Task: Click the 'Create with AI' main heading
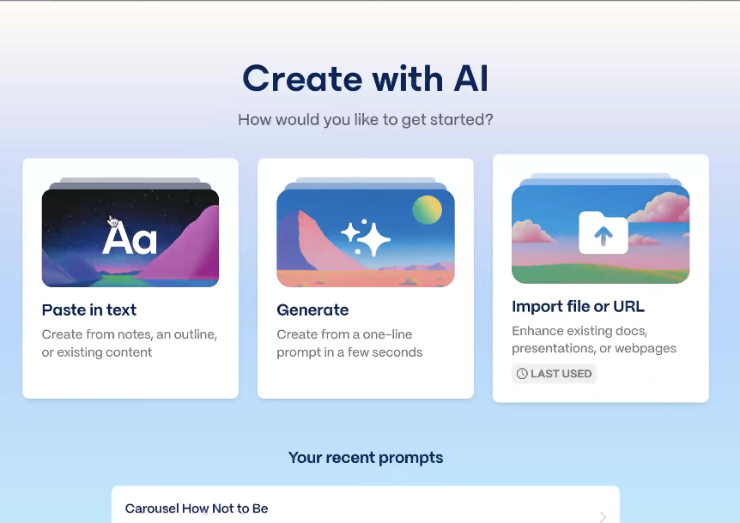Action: (x=366, y=79)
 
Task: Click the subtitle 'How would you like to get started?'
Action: (x=366, y=120)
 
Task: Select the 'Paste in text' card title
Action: (x=89, y=310)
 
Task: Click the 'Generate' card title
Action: (x=312, y=310)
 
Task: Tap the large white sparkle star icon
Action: (x=374, y=239)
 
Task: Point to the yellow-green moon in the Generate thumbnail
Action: (x=428, y=210)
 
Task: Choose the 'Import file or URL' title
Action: (x=578, y=307)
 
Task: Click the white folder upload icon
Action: (x=604, y=232)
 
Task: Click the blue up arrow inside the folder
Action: (x=604, y=236)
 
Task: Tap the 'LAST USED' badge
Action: (x=554, y=374)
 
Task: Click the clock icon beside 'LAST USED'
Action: (x=522, y=374)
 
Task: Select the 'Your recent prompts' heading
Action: (x=366, y=458)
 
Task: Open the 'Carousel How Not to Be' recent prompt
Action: (x=197, y=508)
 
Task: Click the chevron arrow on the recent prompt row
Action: (x=604, y=517)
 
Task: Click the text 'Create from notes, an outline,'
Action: (x=130, y=334)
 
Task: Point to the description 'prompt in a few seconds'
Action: (x=349, y=352)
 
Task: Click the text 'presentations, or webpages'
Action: (x=594, y=349)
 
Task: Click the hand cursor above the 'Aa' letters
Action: (x=112, y=221)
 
